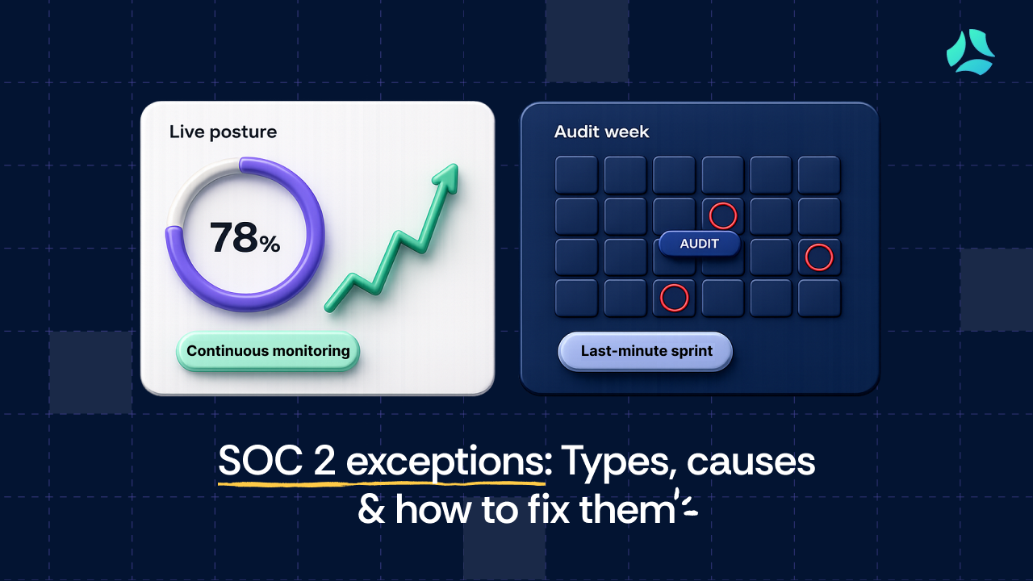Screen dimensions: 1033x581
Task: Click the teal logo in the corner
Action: pos(970,52)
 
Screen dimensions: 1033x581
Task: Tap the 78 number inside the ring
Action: pos(234,237)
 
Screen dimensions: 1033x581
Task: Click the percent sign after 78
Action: pos(270,245)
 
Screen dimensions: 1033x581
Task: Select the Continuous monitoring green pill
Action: pos(268,351)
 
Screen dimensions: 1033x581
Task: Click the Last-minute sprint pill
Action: pos(645,351)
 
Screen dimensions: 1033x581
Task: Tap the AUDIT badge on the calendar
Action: pos(699,244)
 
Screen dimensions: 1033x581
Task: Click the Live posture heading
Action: pos(224,132)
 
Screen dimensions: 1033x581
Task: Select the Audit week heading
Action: pos(601,132)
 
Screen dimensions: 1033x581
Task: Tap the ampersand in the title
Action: pos(371,508)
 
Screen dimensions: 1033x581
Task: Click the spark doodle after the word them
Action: pos(687,504)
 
